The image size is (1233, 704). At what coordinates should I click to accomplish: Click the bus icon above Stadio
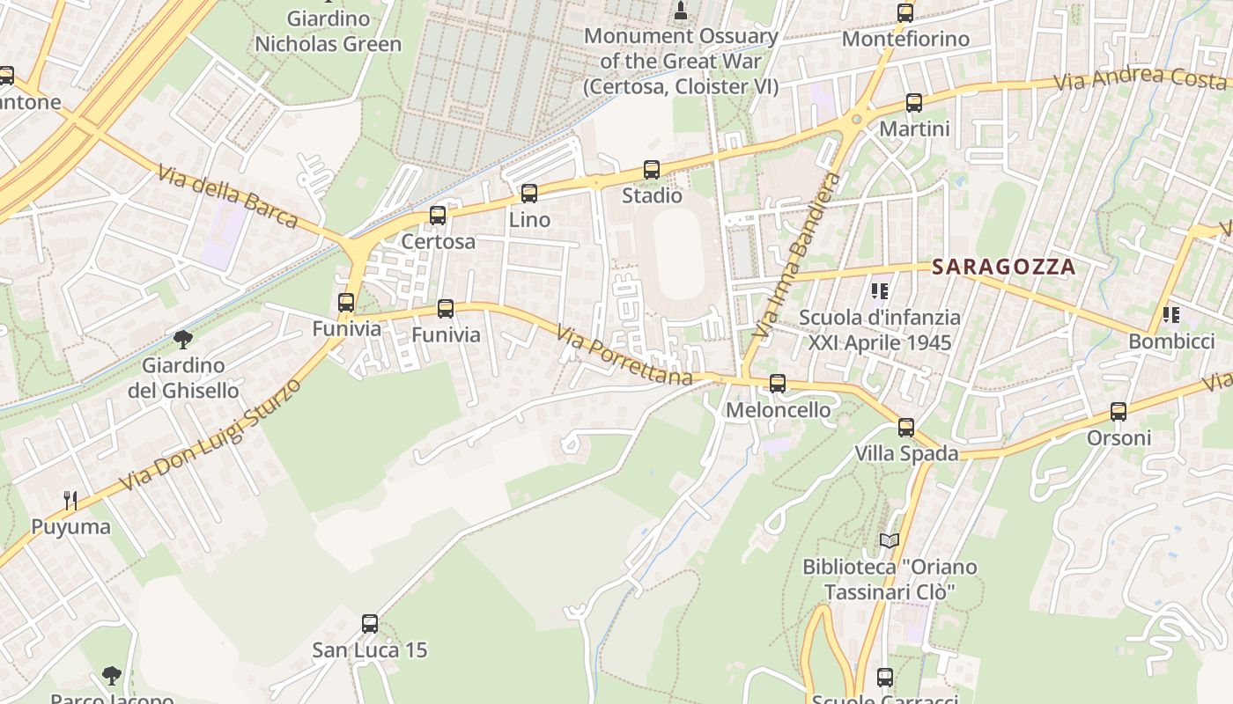point(652,170)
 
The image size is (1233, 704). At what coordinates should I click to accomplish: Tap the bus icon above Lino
point(529,194)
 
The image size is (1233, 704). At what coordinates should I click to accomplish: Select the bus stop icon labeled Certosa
point(438,216)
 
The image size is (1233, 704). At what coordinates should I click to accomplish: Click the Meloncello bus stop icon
point(778,384)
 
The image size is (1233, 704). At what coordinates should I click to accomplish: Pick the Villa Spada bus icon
point(906,428)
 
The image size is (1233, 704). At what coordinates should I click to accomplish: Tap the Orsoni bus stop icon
point(1119,412)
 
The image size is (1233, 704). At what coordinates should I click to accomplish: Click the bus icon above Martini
point(914,103)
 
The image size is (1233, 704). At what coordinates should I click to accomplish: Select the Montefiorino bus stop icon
point(905,13)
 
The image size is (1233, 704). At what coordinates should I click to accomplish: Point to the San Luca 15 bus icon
point(370,624)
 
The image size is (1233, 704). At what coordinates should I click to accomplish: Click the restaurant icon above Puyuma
point(70,501)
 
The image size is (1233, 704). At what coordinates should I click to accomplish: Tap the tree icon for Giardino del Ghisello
point(183,339)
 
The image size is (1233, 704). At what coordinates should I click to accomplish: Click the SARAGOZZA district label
point(1004,267)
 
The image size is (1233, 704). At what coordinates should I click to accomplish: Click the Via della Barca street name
point(228,195)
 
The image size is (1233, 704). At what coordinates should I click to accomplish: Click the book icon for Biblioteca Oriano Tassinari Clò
point(890,540)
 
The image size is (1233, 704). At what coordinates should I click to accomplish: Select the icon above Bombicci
point(1170,315)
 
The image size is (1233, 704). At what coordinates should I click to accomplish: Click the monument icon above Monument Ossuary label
point(680,11)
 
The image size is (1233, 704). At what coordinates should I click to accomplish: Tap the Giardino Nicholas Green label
point(328,31)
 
